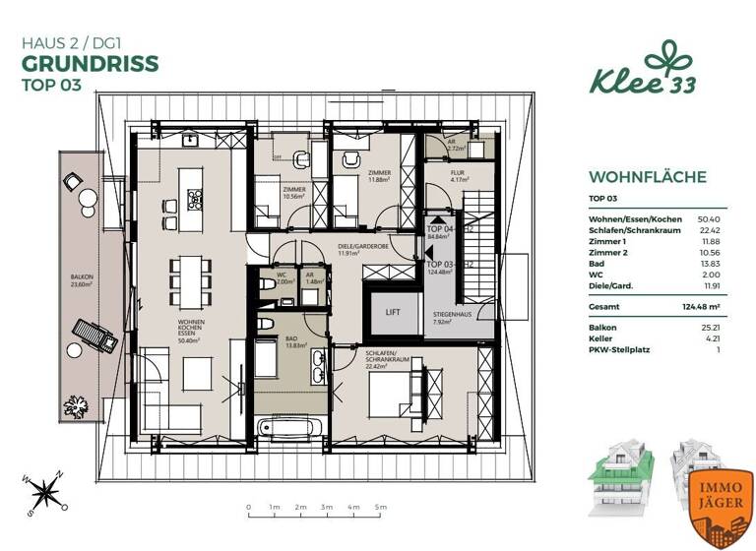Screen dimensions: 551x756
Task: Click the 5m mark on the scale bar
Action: (x=379, y=508)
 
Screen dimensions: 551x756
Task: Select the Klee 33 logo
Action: (x=643, y=71)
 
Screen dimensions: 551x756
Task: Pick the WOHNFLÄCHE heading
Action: (x=647, y=177)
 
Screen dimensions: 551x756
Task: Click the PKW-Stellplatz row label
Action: (x=616, y=349)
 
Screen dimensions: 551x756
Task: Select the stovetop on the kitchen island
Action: (x=195, y=201)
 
